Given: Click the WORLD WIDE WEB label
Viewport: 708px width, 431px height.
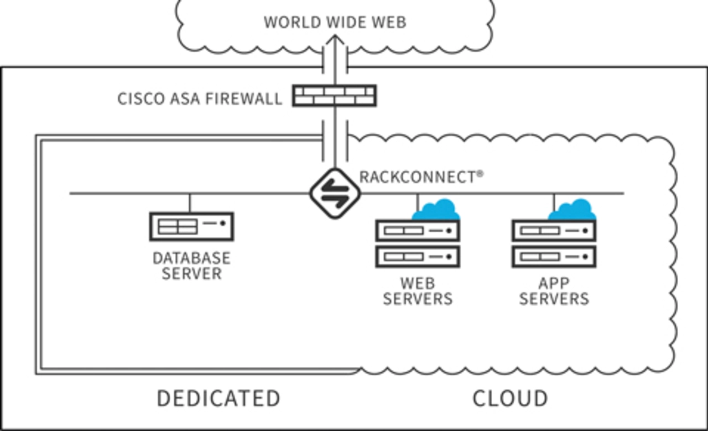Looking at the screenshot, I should point(335,23).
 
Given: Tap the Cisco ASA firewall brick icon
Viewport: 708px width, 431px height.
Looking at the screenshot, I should point(334,95).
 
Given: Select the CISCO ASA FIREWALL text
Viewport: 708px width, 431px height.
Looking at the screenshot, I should point(200,99).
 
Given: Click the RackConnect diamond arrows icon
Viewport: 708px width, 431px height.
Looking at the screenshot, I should point(335,193).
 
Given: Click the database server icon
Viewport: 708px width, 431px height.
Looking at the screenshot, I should point(191,226).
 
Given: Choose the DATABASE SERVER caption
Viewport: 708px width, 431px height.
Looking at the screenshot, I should point(191,266).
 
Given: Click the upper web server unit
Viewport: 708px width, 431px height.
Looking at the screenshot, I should point(418,230).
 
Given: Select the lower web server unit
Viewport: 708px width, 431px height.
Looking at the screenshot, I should point(418,256).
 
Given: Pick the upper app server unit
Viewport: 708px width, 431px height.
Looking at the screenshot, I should point(554,230).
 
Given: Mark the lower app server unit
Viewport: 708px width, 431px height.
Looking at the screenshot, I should point(554,256).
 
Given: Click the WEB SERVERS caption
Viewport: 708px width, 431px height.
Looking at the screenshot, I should point(418,291).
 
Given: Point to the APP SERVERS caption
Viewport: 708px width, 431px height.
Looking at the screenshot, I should point(554,291).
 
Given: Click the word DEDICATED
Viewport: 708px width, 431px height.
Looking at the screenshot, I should point(218,398).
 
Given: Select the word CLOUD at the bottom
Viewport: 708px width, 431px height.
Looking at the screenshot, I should point(510,398).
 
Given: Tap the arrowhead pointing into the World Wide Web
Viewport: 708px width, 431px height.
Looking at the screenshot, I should point(335,40).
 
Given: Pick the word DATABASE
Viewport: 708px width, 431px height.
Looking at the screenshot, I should point(191,258).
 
